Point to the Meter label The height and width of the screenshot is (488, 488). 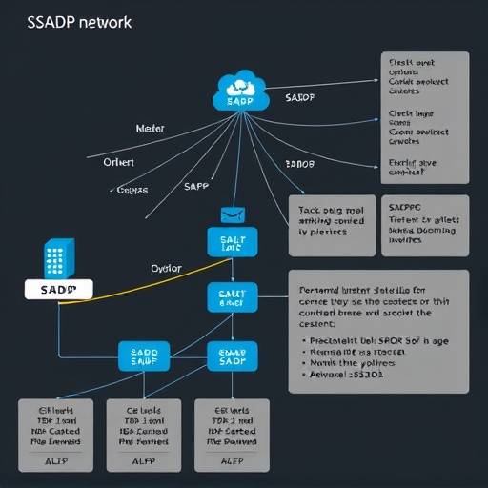tap(151, 127)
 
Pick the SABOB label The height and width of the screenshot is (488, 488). tap(300, 164)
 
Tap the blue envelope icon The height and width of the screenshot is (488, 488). tap(233, 215)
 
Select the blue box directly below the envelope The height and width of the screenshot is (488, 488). tap(233, 242)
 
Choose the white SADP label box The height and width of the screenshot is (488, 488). tap(58, 288)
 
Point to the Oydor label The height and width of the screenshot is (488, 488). tap(167, 269)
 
